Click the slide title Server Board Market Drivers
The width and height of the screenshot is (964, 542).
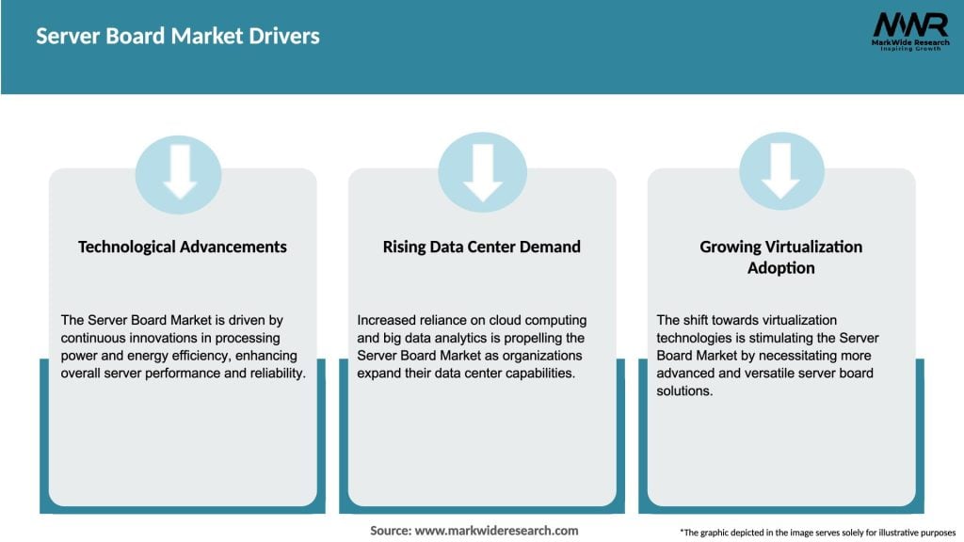pos(178,37)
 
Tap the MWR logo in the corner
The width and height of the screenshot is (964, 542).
pos(909,25)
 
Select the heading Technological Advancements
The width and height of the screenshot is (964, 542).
pos(183,247)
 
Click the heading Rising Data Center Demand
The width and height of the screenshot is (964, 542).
pos(481,247)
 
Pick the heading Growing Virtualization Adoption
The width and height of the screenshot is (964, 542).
pos(780,257)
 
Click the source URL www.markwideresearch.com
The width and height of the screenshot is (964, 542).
pos(496,531)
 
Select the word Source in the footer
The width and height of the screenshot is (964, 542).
pos(390,531)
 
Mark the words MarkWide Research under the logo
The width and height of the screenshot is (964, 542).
pos(908,42)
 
